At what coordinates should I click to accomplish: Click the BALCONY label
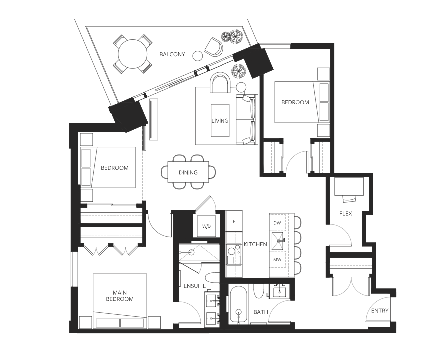(172, 54)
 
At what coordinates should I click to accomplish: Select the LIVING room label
(220, 121)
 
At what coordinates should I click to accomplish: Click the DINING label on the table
(188, 173)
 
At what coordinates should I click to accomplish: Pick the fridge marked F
(234, 220)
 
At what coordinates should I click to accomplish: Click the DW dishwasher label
(278, 223)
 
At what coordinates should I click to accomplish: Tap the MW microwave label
(278, 259)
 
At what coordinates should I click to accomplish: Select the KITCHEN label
(255, 244)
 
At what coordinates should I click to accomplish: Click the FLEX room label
(346, 214)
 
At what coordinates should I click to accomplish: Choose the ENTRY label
(380, 311)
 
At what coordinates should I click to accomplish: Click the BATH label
(261, 312)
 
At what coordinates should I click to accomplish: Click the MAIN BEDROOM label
(120, 296)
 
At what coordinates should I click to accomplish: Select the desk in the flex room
(349, 187)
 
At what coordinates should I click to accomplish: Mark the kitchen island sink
(278, 242)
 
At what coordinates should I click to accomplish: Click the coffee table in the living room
(220, 120)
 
